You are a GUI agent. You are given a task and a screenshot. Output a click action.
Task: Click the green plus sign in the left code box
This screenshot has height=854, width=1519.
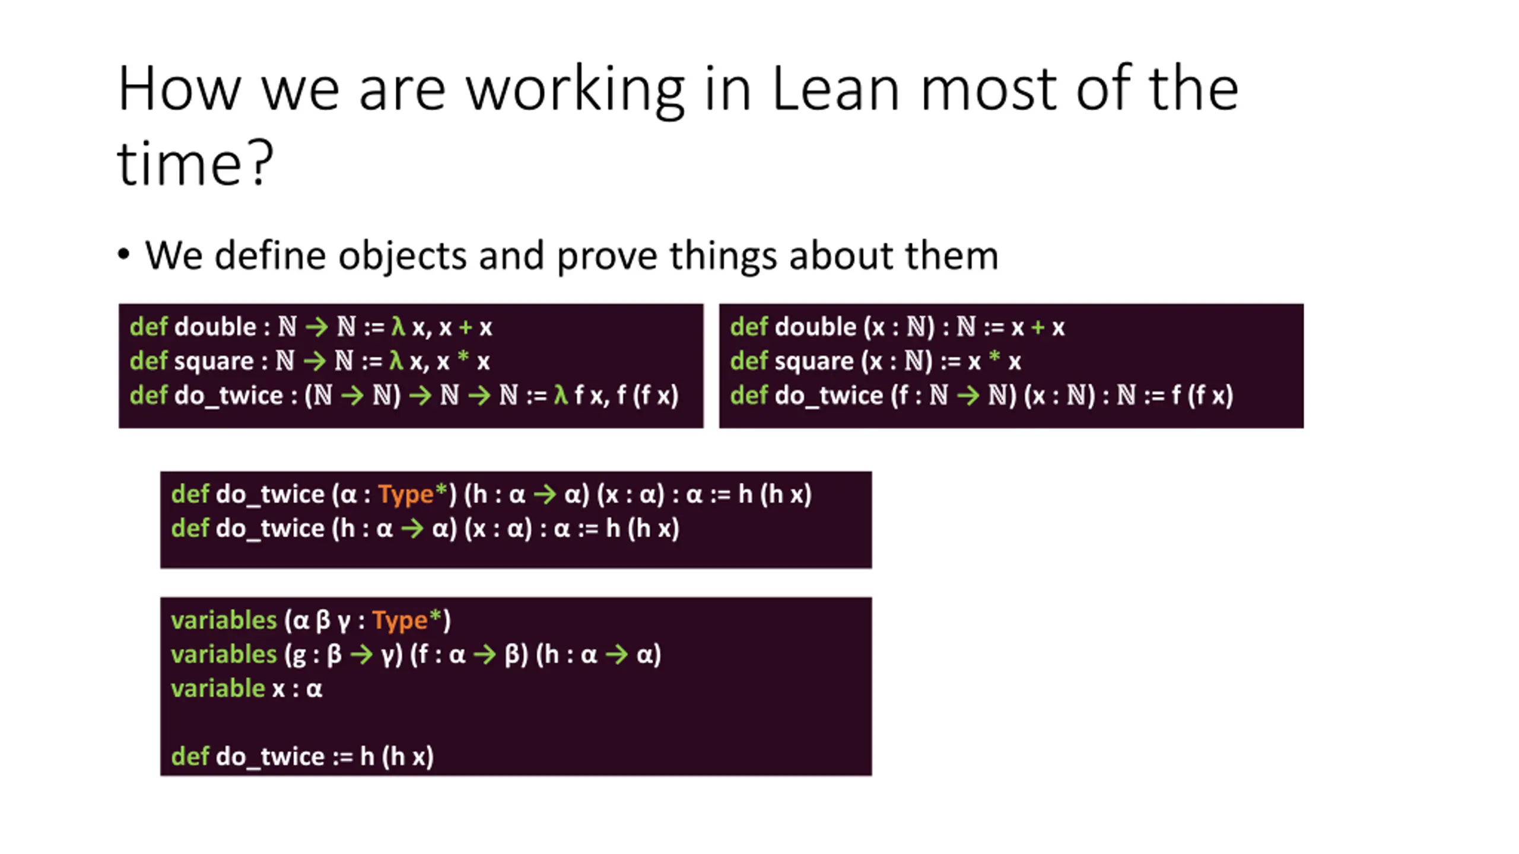(x=465, y=327)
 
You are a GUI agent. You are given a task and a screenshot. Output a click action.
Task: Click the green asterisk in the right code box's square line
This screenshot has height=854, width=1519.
(x=994, y=358)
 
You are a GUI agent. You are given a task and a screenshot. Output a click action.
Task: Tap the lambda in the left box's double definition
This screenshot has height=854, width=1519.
(x=398, y=327)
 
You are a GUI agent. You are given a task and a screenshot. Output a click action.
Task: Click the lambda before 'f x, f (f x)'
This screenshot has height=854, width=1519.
(x=561, y=395)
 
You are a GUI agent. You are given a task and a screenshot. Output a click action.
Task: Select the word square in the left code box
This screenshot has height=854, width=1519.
(x=214, y=361)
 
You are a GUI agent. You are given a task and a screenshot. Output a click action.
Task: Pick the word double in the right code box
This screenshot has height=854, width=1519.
(x=815, y=327)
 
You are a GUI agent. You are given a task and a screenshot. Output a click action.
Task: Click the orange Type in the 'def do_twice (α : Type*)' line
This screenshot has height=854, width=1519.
(x=406, y=494)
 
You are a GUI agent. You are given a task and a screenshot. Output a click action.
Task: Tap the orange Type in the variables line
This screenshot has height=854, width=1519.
(x=400, y=620)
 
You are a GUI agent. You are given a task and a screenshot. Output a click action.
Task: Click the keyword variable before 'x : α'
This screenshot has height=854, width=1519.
(x=218, y=689)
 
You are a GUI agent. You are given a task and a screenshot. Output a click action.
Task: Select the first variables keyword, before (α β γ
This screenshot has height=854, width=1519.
(x=224, y=620)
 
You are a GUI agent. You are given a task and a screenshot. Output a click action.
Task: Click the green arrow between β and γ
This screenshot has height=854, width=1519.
(x=361, y=655)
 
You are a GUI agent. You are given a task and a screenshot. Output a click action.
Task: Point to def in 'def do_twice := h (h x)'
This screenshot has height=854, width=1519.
(x=190, y=757)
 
